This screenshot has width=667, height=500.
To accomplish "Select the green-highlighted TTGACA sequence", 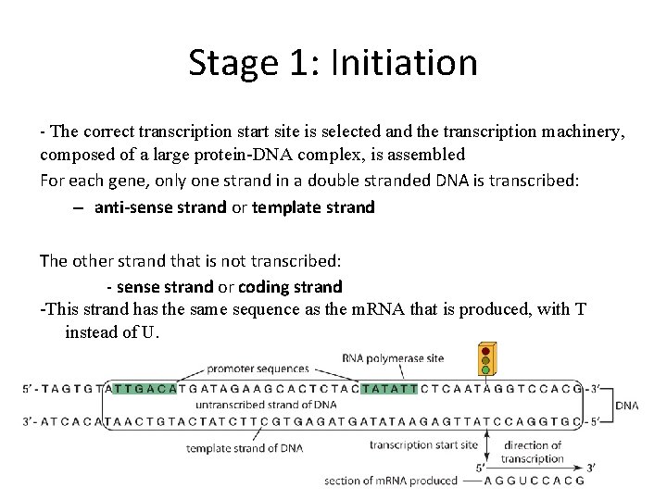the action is point(151,389).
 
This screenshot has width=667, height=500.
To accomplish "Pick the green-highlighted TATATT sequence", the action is point(389,389).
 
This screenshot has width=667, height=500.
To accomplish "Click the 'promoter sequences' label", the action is point(258,369).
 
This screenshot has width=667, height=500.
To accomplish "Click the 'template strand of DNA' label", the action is point(244,449).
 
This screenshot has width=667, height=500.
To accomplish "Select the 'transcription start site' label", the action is point(423,445).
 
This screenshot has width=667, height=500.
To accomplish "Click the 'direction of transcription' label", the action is point(532,452).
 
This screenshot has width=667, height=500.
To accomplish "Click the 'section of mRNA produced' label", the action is point(391,481).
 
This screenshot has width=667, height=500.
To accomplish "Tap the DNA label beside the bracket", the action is point(627,405).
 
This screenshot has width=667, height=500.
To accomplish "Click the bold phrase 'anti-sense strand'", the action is point(160,207).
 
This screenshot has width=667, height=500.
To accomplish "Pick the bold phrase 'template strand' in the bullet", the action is point(313,207).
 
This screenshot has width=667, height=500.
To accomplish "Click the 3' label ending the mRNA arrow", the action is point(590,468).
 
